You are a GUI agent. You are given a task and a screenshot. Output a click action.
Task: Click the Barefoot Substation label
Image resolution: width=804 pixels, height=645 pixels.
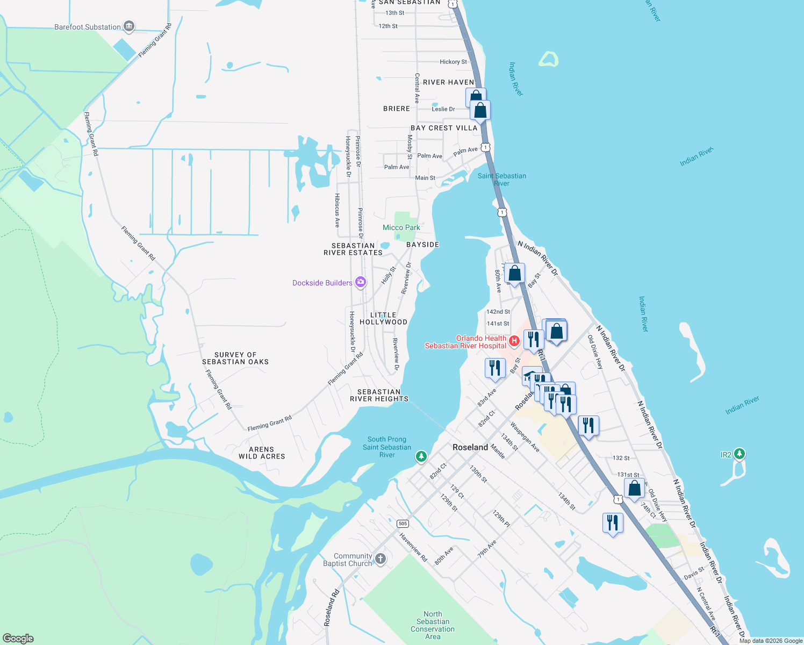[88, 27]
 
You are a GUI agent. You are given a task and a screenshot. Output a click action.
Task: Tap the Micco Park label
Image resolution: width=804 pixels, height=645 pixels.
[401, 227]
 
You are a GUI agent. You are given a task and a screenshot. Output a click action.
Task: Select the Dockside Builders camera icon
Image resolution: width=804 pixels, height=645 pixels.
[361, 282]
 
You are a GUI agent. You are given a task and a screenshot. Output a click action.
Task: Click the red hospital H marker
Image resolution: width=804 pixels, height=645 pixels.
[514, 340]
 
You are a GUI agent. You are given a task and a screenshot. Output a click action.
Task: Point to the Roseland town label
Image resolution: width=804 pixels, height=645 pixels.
[470, 447]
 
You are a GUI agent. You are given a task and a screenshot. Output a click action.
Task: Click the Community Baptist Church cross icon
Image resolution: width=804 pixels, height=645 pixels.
[381, 559]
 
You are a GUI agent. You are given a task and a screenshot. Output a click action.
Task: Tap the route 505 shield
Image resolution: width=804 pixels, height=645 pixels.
[403, 524]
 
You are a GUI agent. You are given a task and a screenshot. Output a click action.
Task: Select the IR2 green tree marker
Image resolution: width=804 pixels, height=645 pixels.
[740, 454]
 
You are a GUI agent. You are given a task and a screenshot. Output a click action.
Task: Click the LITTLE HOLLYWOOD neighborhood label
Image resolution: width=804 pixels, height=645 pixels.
[383, 319]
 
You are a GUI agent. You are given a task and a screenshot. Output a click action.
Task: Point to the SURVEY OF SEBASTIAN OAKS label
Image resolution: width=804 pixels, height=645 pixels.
[235, 359]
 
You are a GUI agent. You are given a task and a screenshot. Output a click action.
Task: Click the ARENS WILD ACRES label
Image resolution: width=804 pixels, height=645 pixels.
[262, 453]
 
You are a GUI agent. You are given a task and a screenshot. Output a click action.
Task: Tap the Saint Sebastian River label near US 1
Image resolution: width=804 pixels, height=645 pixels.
[501, 180]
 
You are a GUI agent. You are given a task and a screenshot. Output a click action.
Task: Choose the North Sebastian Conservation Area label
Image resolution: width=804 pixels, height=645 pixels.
[433, 625]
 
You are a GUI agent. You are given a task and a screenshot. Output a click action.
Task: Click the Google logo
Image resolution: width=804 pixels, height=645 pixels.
[18, 639]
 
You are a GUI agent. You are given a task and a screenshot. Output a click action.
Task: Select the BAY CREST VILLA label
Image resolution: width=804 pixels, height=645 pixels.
[444, 128]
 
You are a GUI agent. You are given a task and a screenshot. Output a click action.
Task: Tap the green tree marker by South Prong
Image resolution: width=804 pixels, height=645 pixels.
[421, 456]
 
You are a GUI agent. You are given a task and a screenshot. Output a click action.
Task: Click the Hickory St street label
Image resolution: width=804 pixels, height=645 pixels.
[453, 62]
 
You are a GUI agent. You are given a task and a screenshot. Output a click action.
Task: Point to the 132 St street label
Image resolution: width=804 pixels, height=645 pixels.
[621, 458]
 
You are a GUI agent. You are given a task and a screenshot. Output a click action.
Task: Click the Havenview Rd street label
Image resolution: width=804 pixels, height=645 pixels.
[413, 548]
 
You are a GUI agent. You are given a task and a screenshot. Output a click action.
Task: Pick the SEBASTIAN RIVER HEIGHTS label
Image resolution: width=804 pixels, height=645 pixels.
[379, 396]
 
